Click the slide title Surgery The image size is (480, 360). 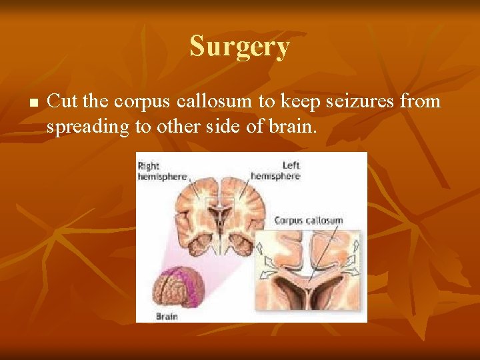pyautogui.click(x=239, y=47)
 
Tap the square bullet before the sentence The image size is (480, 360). pyautogui.click(x=33, y=103)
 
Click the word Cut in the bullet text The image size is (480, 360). pyautogui.click(x=61, y=101)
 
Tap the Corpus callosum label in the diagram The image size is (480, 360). pyautogui.click(x=309, y=220)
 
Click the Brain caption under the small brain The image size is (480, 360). pyautogui.click(x=167, y=316)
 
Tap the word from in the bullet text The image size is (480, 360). pyautogui.click(x=425, y=101)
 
